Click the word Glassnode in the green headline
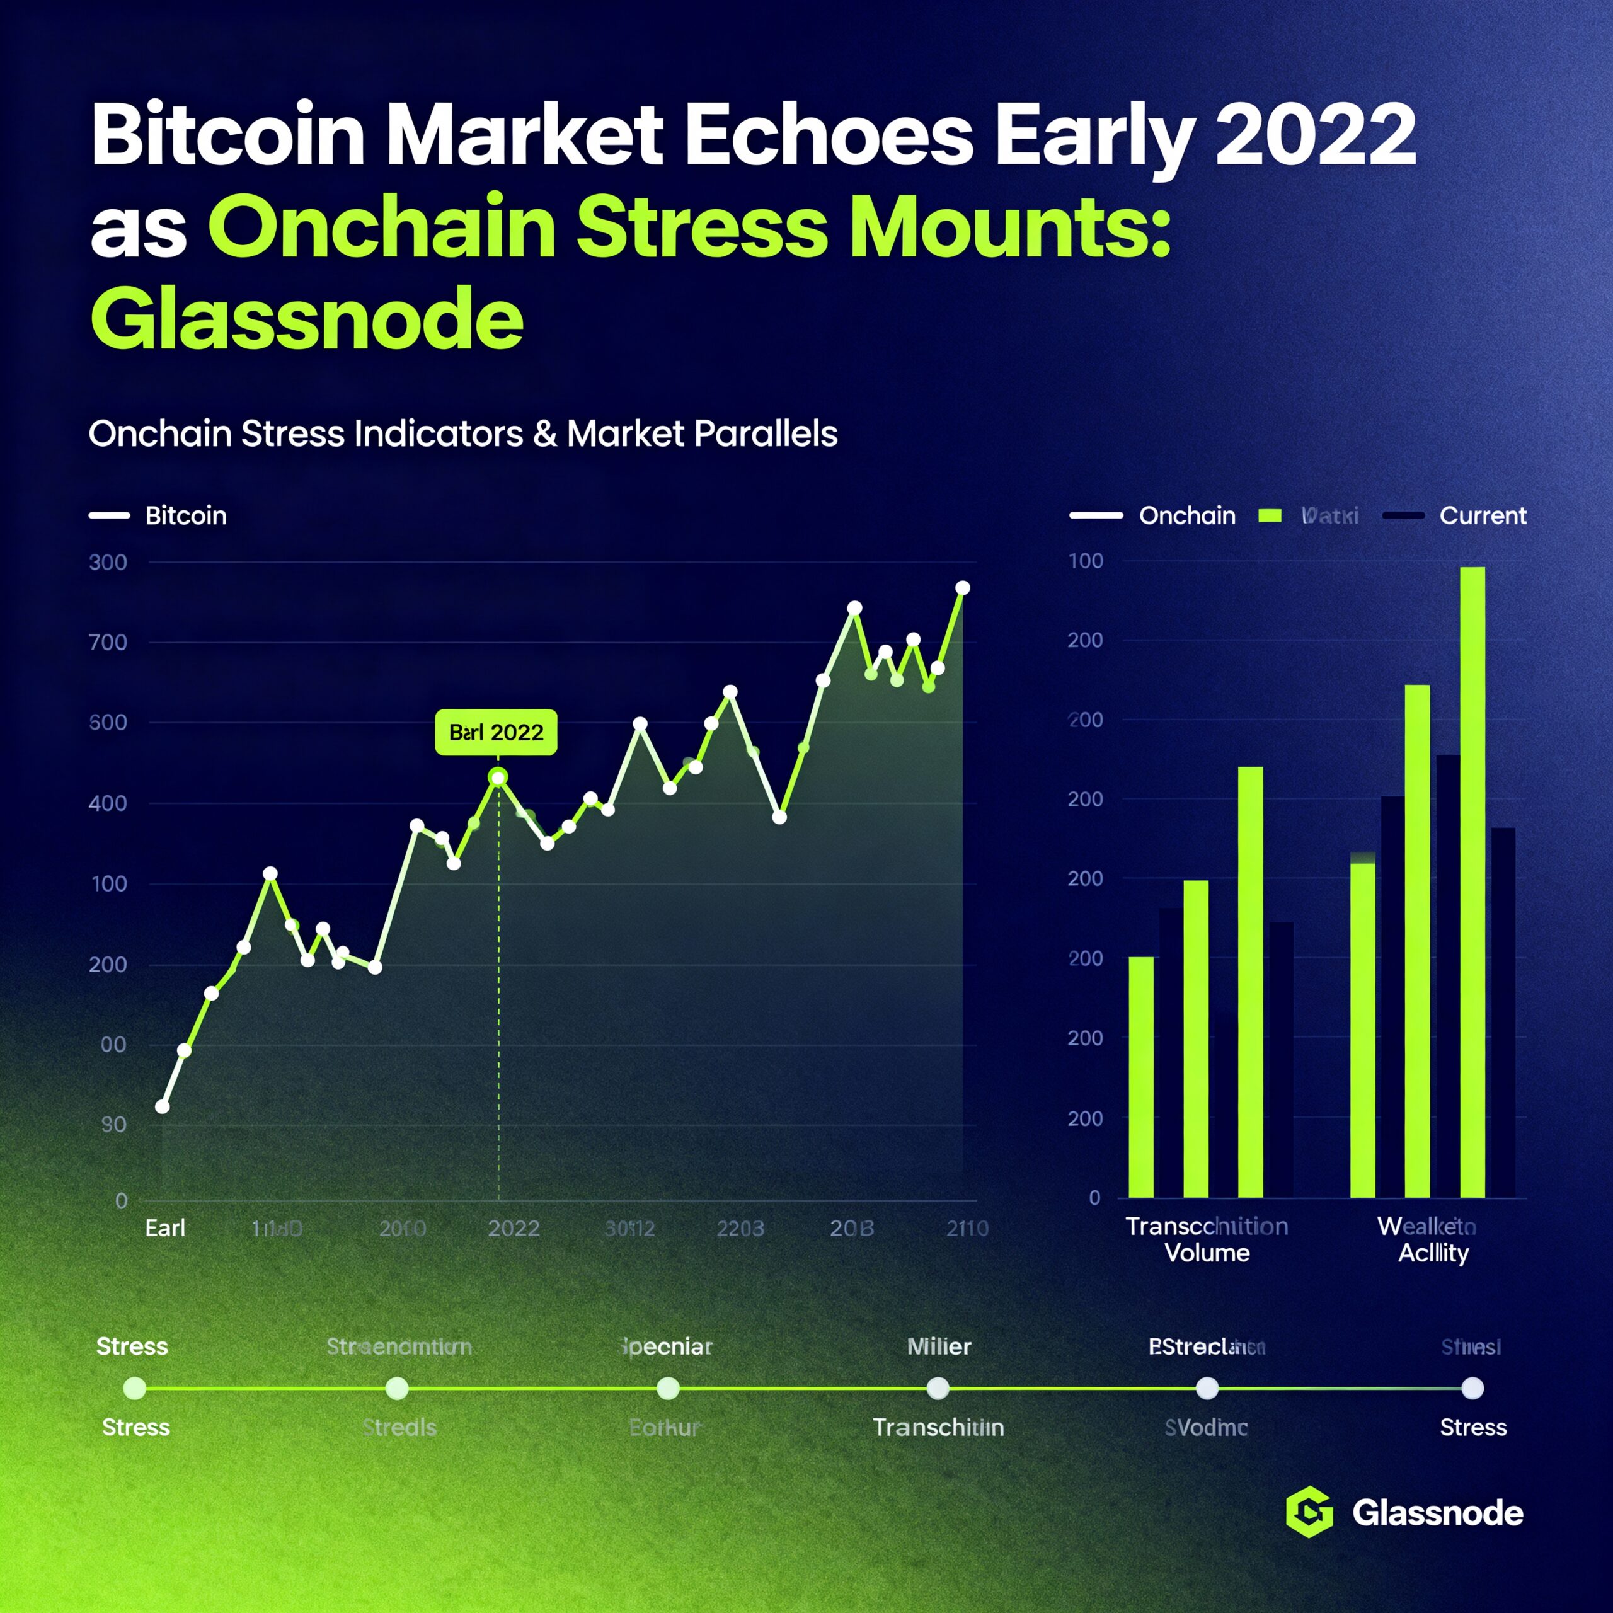tap(306, 319)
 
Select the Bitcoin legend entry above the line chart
tap(185, 515)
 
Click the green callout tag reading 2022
tap(496, 732)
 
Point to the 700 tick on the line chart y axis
tap(108, 642)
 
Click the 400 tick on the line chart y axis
tap(108, 803)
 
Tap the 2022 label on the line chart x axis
tap(514, 1228)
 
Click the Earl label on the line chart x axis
tap(165, 1228)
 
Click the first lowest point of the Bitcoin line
tap(163, 1106)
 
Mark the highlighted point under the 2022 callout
tap(498, 778)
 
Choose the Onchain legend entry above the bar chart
tap(1186, 515)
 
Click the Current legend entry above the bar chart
tap(1483, 515)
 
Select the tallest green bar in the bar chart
tap(1472, 881)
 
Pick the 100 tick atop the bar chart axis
tap(1086, 561)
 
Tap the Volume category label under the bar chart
tap(1207, 1253)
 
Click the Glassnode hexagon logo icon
tap(1309, 1512)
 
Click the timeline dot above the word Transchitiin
tap(938, 1389)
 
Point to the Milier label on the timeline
tap(938, 1346)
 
